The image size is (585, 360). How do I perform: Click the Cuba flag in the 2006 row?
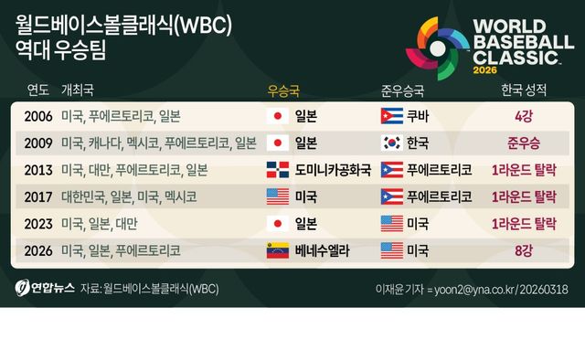click(390, 116)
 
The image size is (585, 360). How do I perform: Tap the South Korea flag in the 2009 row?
click(390, 143)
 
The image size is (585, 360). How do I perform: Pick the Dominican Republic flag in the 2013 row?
click(276, 170)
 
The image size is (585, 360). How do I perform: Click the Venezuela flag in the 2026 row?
click(276, 250)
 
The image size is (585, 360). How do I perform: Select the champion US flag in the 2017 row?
click(276, 196)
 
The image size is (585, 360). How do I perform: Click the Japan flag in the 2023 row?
click(276, 224)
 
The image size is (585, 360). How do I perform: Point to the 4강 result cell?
click(524, 116)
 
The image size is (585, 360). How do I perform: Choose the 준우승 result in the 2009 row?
click(524, 143)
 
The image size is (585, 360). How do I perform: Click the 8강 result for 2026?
click(524, 250)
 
